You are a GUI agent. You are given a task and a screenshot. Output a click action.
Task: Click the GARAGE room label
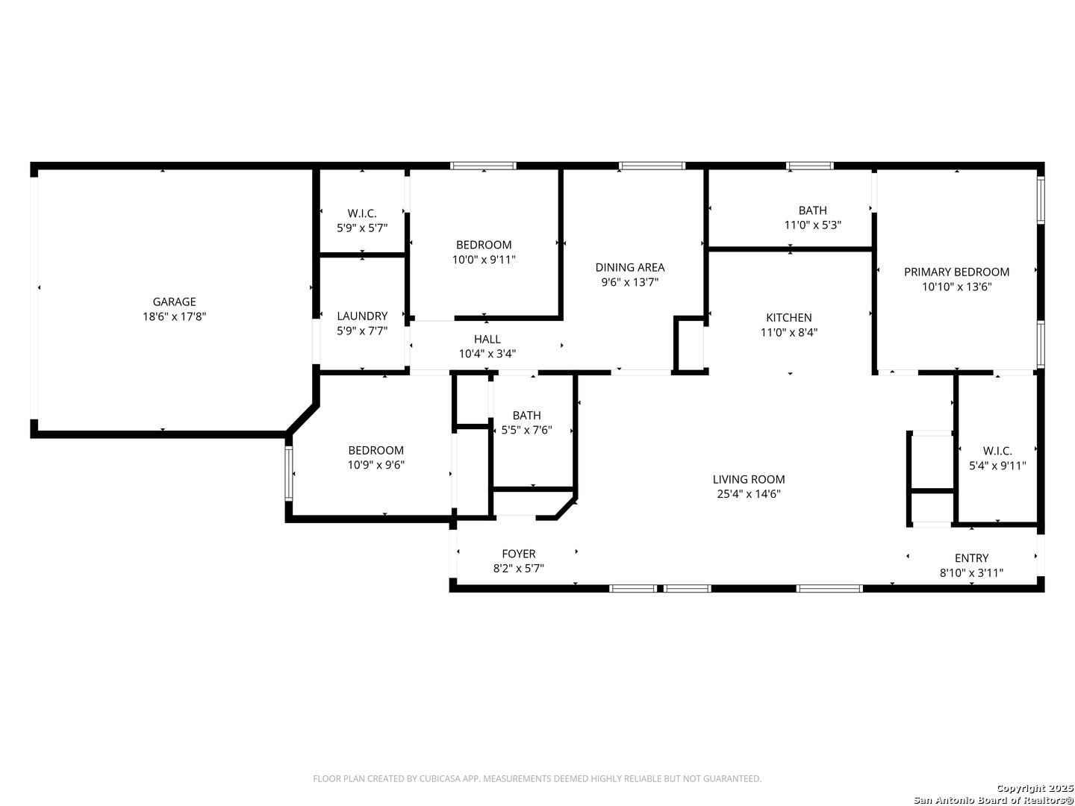click(174, 302)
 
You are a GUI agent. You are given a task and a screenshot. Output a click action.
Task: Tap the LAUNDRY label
click(362, 316)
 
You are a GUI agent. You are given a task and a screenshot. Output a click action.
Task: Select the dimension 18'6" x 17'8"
click(174, 316)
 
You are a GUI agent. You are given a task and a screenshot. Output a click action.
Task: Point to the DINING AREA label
click(630, 267)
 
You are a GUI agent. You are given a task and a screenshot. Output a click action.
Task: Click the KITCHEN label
click(788, 318)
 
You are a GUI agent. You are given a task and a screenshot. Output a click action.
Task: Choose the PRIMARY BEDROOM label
click(956, 272)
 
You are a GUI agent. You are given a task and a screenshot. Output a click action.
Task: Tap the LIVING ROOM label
click(748, 479)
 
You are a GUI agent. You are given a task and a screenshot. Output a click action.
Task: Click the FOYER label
click(518, 554)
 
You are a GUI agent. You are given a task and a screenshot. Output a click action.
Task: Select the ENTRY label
click(971, 558)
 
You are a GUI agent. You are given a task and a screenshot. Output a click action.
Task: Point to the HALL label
click(487, 339)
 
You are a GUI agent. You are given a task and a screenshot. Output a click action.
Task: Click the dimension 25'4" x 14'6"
click(748, 494)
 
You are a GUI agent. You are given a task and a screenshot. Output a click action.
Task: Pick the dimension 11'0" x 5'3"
click(812, 225)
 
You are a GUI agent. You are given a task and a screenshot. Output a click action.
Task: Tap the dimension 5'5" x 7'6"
click(526, 430)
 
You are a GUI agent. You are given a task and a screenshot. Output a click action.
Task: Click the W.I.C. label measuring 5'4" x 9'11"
click(997, 451)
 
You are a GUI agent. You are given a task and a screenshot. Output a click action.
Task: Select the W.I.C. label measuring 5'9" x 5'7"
click(362, 213)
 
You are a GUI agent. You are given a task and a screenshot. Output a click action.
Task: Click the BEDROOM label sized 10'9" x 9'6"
click(376, 450)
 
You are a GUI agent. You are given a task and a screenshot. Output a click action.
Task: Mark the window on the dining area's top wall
click(652, 166)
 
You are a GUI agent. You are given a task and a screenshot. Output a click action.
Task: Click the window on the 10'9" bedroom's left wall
click(289, 473)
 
